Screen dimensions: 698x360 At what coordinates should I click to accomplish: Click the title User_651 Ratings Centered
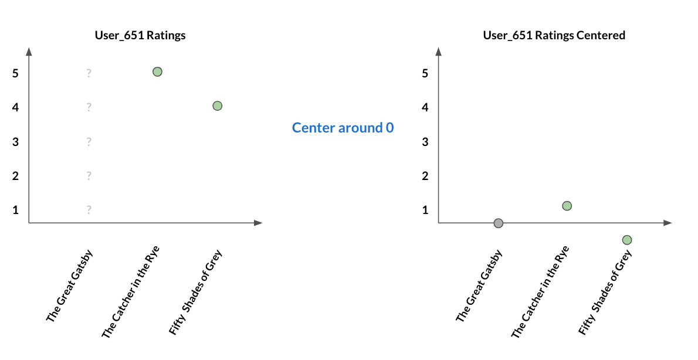click(x=554, y=35)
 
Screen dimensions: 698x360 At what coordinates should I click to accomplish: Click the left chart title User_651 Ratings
click(x=140, y=35)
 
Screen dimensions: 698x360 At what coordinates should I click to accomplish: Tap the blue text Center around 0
click(x=343, y=128)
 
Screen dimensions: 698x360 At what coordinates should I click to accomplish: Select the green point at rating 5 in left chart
click(x=157, y=72)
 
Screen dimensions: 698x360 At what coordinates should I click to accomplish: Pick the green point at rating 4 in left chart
click(x=217, y=106)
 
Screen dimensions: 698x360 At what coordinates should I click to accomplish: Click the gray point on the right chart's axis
click(x=499, y=223)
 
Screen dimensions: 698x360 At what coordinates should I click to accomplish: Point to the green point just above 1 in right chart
click(x=567, y=206)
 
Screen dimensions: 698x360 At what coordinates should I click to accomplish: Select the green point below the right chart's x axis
click(x=627, y=240)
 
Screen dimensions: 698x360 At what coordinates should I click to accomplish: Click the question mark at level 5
click(x=89, y=73)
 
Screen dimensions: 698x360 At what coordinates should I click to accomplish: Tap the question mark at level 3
click(x=89, y=141)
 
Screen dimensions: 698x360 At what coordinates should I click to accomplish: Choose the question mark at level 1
click(x=89, y=209)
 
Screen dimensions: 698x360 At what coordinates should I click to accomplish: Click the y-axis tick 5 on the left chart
click(x=16, y=73)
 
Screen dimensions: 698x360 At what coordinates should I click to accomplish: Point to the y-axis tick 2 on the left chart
click(x=16, y=176)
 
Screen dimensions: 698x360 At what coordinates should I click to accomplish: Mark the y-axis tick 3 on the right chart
click(x=425, y=142)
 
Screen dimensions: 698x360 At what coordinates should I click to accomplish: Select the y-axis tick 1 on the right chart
click(x=425, y=210)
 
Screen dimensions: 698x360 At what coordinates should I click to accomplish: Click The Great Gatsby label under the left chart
click(x=69, y=286)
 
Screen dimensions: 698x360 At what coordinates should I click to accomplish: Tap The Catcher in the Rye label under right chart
click(x=540, y=292)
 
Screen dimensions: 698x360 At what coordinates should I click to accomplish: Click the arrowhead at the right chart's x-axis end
click(x=667, y=222)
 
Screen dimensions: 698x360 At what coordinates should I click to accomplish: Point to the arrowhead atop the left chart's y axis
click(x=29, y=52)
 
